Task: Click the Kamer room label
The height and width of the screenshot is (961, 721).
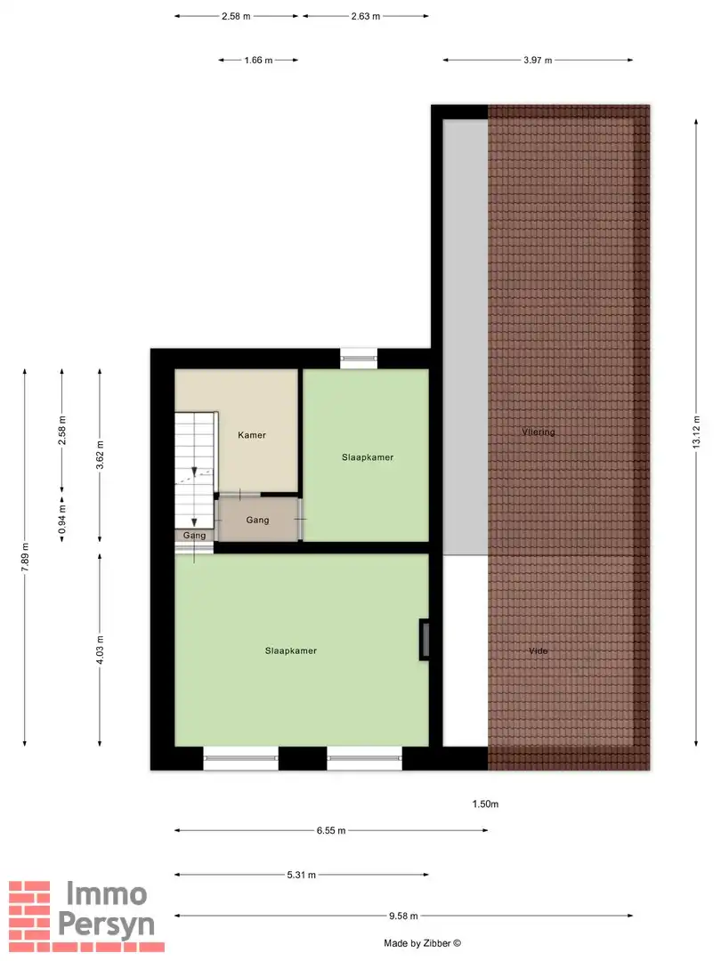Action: point(252,435)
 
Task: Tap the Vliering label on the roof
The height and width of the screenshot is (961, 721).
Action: point(539,432)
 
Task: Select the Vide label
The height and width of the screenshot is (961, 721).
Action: point(538,651)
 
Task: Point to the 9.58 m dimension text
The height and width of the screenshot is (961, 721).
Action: point(403,916)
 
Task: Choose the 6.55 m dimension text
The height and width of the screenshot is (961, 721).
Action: point(330,831)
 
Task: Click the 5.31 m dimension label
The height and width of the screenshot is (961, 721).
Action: point(303,876)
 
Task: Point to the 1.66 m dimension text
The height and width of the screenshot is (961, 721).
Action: point(257,61)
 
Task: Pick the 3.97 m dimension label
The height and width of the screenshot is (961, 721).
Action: point(538,61)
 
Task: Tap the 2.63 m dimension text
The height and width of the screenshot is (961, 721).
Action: point(365,17)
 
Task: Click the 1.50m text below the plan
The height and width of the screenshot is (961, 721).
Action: point(485,804)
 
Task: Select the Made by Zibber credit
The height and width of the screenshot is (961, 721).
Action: point(423,943)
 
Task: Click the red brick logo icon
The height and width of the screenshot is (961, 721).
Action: point(29,909)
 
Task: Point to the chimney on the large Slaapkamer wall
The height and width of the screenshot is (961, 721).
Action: point(425,640)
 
